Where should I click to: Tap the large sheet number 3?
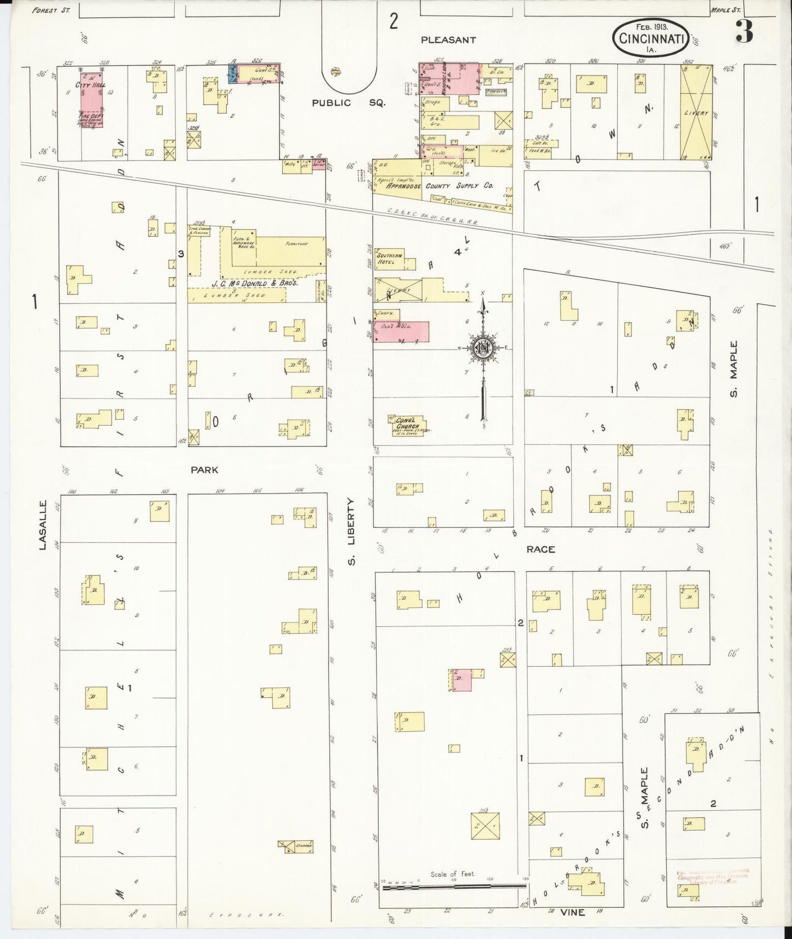[744, 32]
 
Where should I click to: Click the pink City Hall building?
[91, 104]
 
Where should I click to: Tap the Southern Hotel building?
[390, 259]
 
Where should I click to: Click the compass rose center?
[483, 348]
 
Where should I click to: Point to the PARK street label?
[204, 470]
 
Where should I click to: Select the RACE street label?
[540, 549]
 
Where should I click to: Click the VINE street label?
[572, 912]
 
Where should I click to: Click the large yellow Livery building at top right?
[696, 112]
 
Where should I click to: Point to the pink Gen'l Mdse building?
[401, 331]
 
